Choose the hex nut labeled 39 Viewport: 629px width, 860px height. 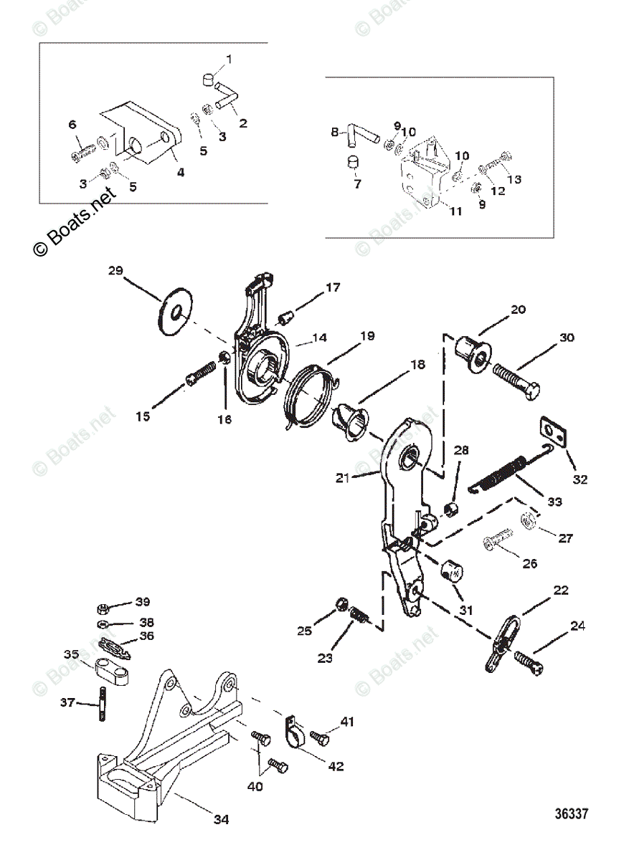click(x=102, y=608)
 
